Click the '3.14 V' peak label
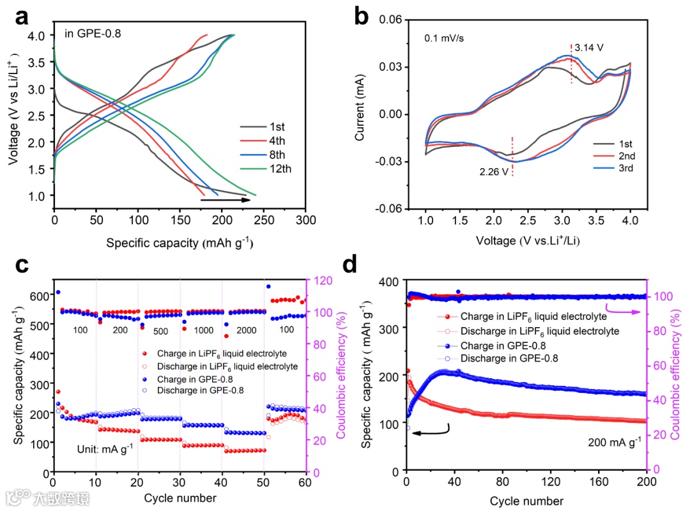589,47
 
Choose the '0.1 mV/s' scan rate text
444,38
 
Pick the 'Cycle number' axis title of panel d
526,500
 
